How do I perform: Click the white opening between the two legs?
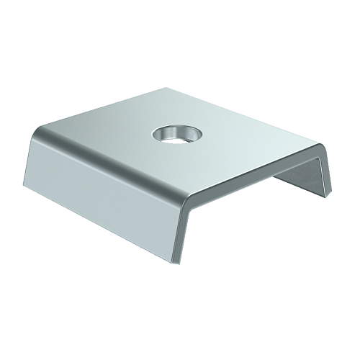[x=245, y=209]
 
